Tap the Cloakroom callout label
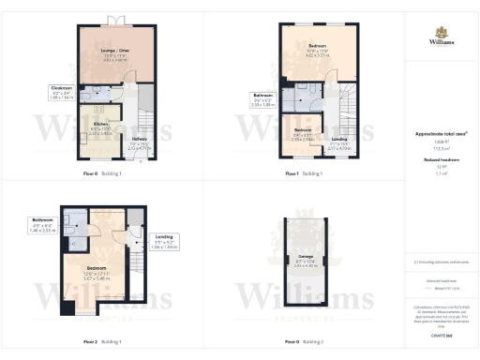61,90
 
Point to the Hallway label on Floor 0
139,141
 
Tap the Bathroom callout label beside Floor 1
264,97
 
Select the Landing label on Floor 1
338,140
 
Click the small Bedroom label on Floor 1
303,131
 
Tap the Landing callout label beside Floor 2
165,237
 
